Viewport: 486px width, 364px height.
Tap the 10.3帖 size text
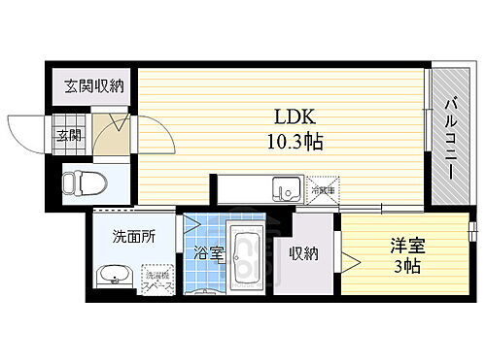[289, 141]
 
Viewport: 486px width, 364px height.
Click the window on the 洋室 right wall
[471, 233]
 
